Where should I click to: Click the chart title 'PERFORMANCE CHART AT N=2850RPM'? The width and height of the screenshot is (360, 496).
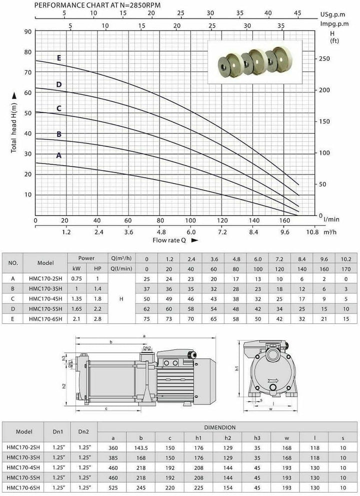point(97,5)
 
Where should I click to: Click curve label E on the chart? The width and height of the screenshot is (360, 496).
point(59,58)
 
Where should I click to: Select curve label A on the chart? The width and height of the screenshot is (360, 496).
point(58,155)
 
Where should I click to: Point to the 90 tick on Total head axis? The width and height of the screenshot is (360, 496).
point(28,31)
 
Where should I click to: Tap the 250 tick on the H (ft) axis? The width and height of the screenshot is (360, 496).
point(324,58)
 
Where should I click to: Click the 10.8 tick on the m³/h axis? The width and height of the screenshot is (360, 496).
point(312,232)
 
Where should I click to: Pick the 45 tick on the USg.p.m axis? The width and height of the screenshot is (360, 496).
point(297,13)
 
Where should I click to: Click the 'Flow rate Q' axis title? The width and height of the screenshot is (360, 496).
point(169,240)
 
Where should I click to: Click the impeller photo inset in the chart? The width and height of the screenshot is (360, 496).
point(255,62)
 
